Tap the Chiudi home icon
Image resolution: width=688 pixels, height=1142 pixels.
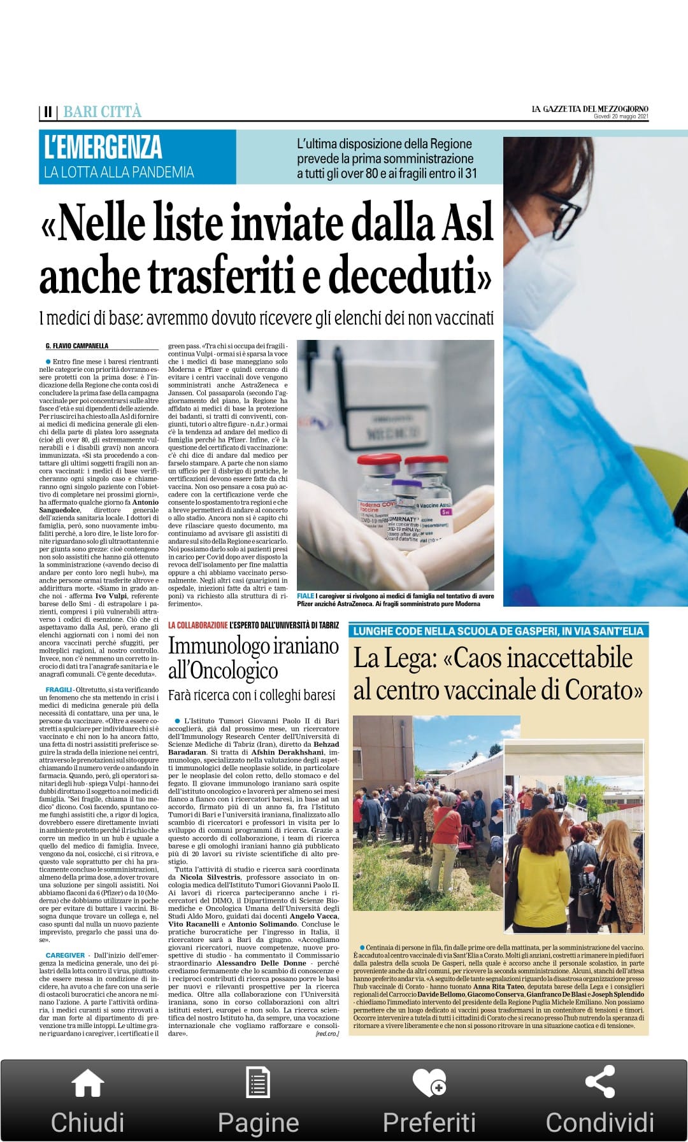(87, 1082)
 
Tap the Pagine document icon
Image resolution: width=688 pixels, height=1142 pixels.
(258, 1082)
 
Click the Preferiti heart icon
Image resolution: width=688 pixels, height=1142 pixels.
(429, 1082)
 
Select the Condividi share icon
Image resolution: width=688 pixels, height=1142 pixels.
(599, 1082)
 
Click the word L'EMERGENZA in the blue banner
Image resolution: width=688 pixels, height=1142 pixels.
(103, 147)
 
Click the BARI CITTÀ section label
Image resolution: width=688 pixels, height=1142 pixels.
(103, 112)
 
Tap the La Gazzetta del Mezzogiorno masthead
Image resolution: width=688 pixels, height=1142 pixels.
(590, 109)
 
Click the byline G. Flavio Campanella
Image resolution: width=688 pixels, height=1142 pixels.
(77, 346)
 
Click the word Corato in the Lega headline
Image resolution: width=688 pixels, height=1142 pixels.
(603, 689)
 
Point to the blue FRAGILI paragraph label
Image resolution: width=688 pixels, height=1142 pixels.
(59, 690)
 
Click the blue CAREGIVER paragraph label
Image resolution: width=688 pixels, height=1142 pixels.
(65, 955)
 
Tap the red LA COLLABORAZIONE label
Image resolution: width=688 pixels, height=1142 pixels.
(197, 626)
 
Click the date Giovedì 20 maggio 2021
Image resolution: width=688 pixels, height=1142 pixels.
(620, 116)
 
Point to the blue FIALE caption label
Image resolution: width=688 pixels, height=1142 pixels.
(306, 596)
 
